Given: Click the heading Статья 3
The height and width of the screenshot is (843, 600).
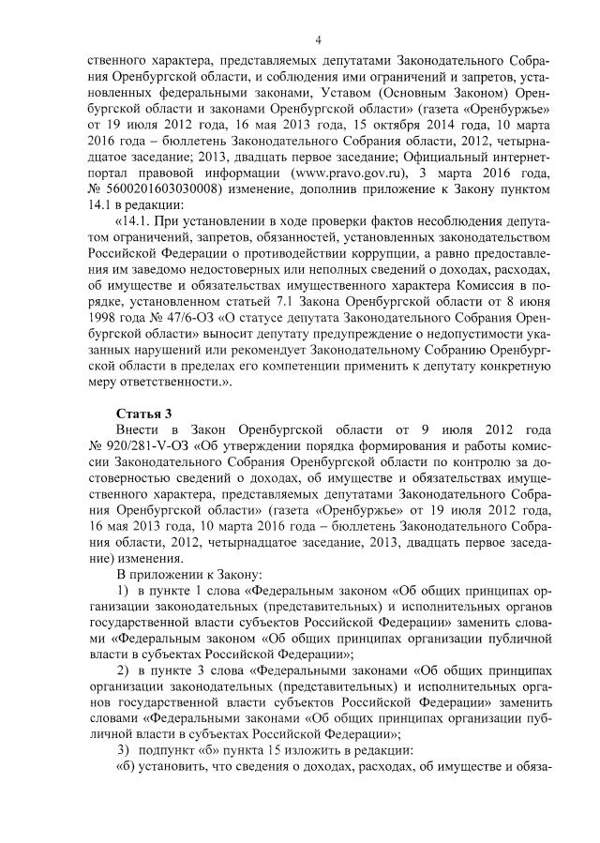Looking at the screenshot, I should (x=142, y=414).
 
